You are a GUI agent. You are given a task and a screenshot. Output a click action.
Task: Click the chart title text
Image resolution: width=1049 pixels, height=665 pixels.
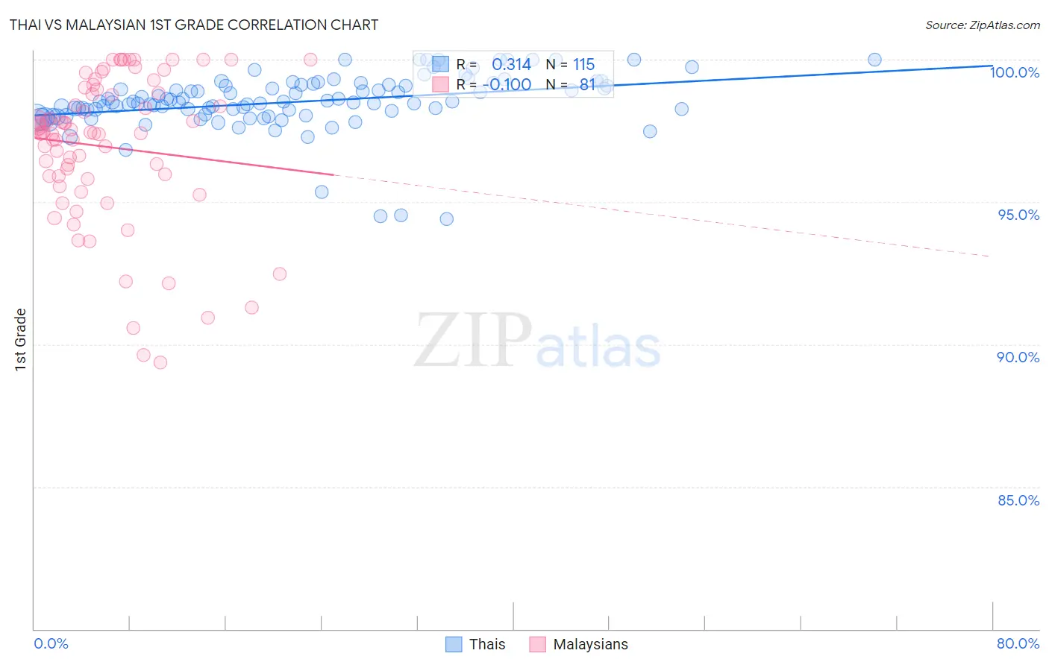(194, 25)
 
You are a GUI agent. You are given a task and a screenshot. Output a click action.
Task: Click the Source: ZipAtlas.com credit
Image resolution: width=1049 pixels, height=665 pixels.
(982, 25)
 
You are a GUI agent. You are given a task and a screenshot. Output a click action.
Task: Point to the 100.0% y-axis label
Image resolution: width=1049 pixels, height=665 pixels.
(1014, 72)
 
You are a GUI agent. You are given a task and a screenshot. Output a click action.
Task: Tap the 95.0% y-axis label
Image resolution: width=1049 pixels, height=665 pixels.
(1018, 215)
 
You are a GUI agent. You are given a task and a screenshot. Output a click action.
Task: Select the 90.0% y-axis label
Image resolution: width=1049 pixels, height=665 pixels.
(1018, 357)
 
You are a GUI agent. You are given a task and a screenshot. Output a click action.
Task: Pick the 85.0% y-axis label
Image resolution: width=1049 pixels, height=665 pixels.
(1018, 500)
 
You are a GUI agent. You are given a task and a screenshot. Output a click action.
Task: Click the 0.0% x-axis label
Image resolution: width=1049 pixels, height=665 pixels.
(51, 643)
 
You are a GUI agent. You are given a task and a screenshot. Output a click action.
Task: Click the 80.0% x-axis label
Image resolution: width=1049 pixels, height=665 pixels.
(1018, 643)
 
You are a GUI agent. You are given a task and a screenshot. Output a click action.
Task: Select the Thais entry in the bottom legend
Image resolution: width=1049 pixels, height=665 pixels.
(486, 644)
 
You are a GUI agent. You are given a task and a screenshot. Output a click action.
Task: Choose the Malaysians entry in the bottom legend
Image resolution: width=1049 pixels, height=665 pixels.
(590, 644)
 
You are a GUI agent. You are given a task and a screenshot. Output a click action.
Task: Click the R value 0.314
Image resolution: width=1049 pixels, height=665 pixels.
(511, 64)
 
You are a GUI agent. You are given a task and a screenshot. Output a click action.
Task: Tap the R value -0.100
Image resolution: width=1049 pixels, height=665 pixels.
(510, 84)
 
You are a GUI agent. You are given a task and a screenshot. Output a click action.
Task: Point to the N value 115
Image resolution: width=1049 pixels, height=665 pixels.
(583, 64)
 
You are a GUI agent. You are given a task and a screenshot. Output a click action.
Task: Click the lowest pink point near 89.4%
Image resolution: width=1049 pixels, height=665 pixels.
(160, 362)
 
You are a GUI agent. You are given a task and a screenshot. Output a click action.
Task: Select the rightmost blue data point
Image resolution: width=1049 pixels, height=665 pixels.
(874, 60)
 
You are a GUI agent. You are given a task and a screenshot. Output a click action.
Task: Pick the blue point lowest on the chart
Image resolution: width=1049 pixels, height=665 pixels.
(446, 219)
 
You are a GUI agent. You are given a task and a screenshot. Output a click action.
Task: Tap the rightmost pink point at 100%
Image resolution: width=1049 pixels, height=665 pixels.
(310, 60)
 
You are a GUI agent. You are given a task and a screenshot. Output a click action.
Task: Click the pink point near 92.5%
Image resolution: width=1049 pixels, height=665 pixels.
(280, 274)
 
